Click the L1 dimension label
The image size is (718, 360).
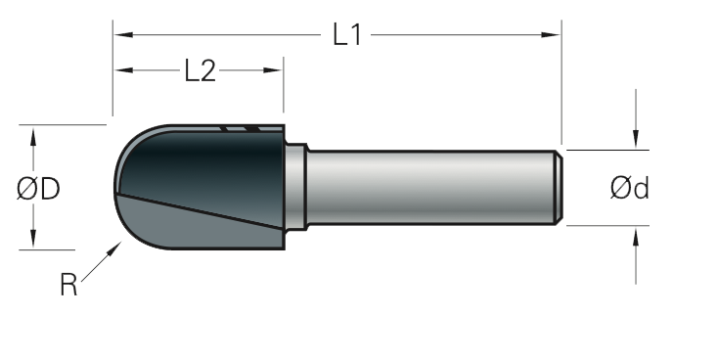click(347, 35)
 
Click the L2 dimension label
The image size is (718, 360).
click(201, 70)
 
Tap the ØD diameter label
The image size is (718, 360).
click(38, 189)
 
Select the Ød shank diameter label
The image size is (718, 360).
click(630, 188)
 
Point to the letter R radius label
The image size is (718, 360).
click(68, 285)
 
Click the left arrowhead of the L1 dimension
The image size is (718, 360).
click(123, 35)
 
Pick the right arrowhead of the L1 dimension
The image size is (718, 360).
click(551, 35)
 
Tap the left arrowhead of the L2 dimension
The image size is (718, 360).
click(123, 70)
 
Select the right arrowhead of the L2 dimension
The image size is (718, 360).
click(273, 70)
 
